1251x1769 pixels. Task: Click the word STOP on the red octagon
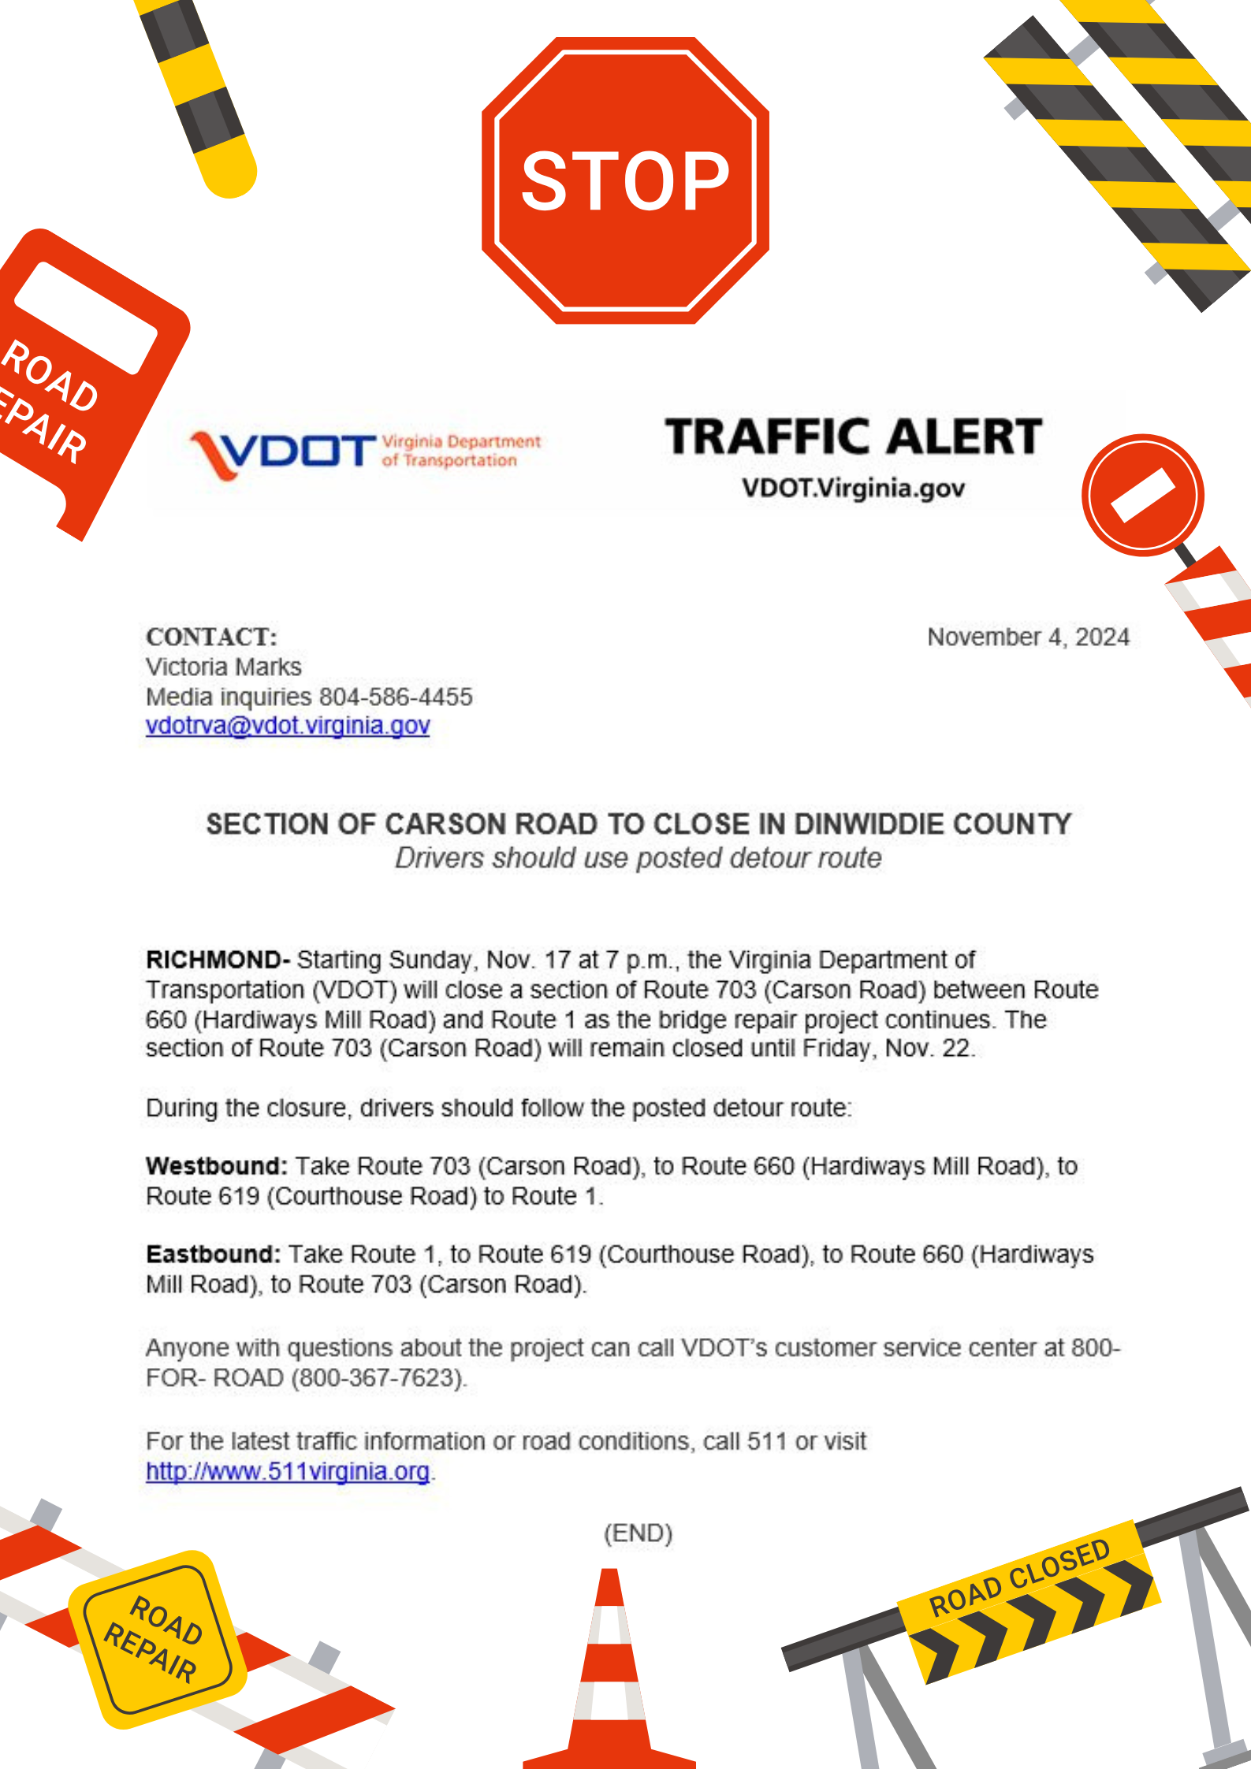[x=625, y=182]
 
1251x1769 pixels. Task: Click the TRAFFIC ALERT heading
[x=853, y=437]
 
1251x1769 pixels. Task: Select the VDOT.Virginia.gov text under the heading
[x=853, y=489]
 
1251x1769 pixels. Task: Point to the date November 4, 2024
[x=1028, y=637]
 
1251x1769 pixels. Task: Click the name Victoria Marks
[x=224, y=667]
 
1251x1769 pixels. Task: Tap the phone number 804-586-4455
[x=396, y=697]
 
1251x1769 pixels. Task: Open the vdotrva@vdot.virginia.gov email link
[x=288, y=726]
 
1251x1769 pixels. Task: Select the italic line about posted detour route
[x=638, y=858]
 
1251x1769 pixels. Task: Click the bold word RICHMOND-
[x=218, y=960]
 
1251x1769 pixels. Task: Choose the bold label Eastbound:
[x=213, y=1254]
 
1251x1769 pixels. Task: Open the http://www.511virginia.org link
[x=288, y=1471]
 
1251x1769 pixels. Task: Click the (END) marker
[x=638, y=1533]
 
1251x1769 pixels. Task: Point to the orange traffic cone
[x=610, y=1678]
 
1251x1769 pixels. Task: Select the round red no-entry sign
[x=1142, y=496]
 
